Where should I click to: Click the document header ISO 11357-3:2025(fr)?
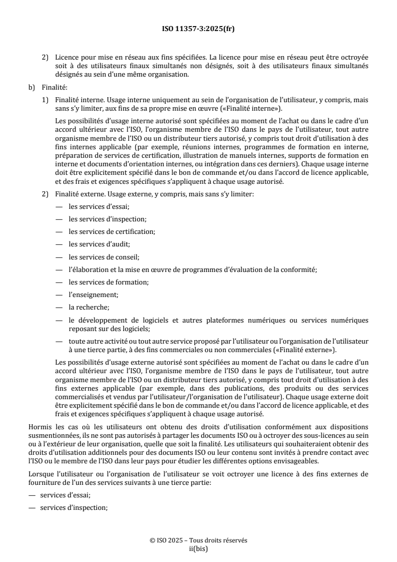coord(198,29)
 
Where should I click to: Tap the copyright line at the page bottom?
coord(198,540)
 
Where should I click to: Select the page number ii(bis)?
coord(198,548)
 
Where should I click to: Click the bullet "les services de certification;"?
coord(112,231)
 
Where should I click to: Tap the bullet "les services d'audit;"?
coord(100,244)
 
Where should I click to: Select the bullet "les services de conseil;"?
coord(104,257)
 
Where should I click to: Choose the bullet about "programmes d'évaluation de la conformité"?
coord(193,269)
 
